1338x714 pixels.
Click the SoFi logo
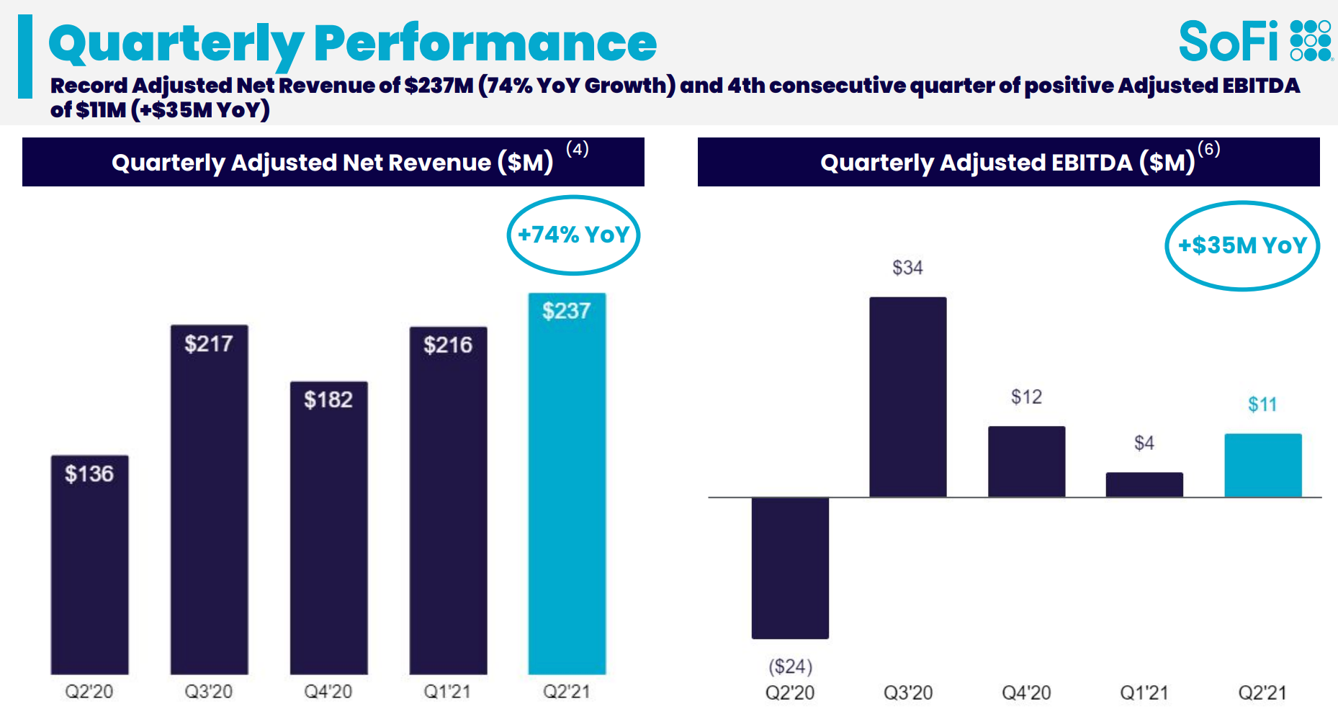(x=1254, y=41)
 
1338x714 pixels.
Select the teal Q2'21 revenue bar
(x=567, y=489)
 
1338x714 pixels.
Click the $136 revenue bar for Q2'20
(x=89, y=569)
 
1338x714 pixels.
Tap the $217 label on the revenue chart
(x=208, y=344)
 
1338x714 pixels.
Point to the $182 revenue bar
(x=328, y=533)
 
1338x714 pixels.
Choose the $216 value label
(x=447, y=345)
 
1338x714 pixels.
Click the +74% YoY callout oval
(x=573, y=235)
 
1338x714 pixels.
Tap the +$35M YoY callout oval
(x=1242, y=245)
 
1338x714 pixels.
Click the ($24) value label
(x=790, y=666)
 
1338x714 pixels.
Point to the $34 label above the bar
(x=907, y=268)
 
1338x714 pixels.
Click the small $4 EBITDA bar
(x=1144, y=484)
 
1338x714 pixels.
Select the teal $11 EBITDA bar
(x=1262, y=465)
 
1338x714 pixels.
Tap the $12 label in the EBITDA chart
(x=1026, y=397)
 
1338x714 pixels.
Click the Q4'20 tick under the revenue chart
(x=328, y=692)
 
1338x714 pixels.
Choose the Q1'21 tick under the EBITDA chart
(x=1144, y=693)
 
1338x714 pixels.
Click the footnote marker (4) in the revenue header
(x=577, y=149)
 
